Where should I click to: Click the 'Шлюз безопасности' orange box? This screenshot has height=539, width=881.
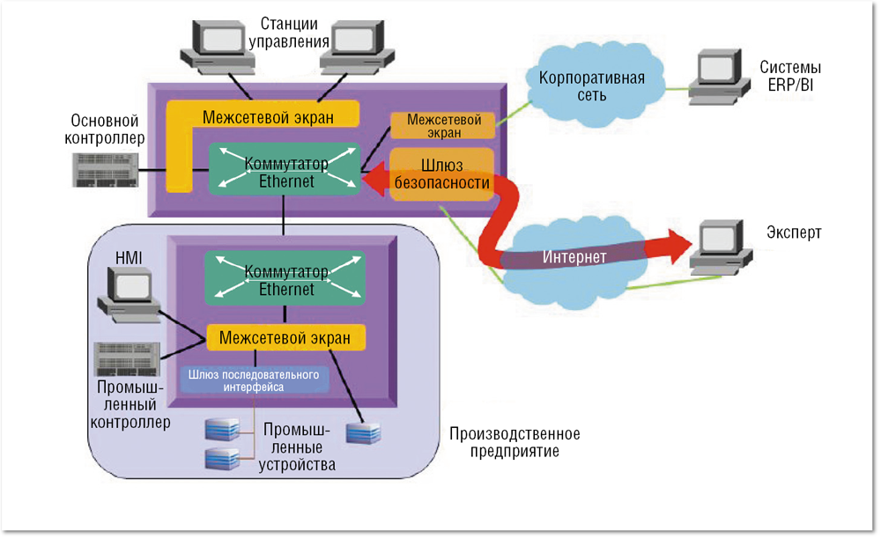pyautogui.click(x=441, y=174)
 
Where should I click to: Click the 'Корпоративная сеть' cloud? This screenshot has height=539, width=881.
pyautogui.click(x=591, y=85)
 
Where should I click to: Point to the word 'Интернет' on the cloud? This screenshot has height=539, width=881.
pyautogui.click(x=574, y=257)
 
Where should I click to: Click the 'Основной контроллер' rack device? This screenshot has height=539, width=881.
pyautogui.click(x=103, y=167)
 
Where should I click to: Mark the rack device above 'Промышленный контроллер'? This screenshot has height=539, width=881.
pyautogui.click(x=129, y=358)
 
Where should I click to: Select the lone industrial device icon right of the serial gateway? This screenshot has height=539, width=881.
pyautogui.click(x=363, y=433)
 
